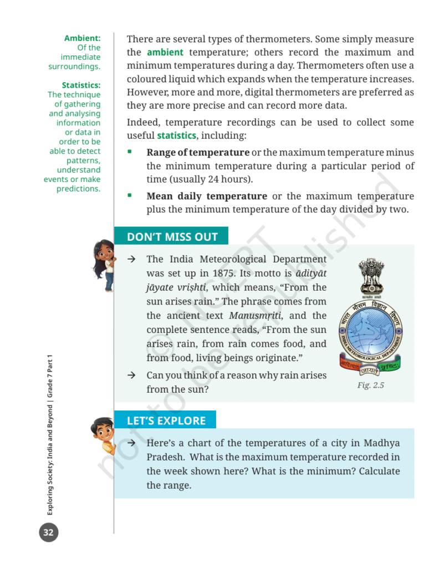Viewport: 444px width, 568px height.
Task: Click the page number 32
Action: [48, 533]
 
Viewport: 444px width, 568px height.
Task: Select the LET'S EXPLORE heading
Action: [166, 420]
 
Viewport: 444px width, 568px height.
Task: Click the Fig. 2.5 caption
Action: [370, 385]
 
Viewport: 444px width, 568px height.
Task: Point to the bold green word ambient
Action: [165, 53]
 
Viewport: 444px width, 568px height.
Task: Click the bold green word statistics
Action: [176, 135]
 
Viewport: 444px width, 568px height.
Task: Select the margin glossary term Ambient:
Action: [82, 38]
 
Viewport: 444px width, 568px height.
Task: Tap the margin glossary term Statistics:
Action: [81, 85]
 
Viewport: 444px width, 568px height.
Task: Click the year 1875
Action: [223, 273]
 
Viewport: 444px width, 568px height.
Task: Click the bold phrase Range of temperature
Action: [198, 153]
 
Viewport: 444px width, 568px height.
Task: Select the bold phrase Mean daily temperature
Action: [206, 196]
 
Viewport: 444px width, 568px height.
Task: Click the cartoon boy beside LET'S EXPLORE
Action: [102, 438]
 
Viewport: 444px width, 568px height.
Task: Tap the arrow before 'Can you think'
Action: [132, 376]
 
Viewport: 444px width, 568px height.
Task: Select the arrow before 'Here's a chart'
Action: [132, 443]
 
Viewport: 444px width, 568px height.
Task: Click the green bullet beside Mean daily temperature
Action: [130, 196]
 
